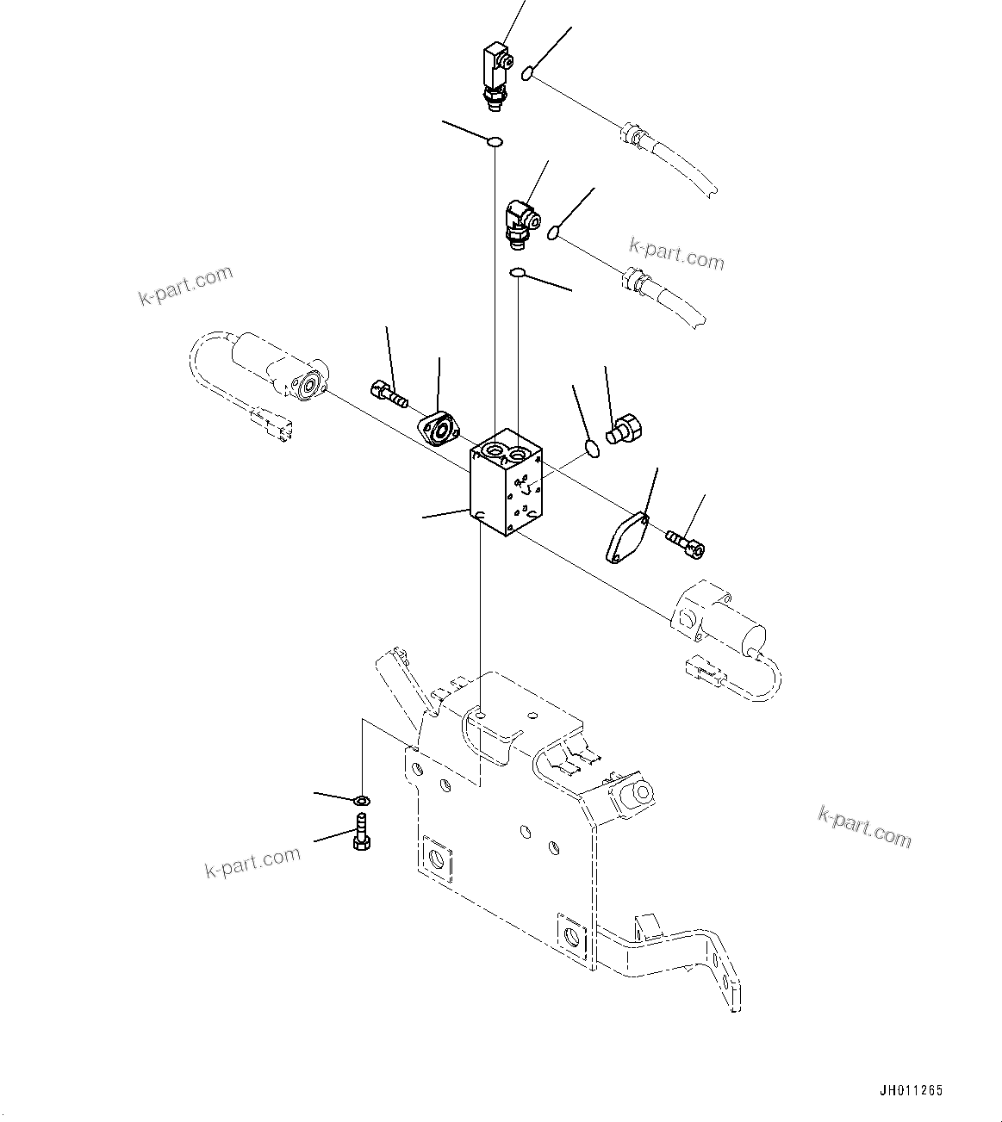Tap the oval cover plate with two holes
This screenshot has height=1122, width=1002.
(625, 538)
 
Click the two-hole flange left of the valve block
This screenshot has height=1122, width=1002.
(441, 429)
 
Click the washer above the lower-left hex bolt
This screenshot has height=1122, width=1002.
(364, 801)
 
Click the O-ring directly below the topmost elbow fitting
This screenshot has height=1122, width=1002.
(495, 141)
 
